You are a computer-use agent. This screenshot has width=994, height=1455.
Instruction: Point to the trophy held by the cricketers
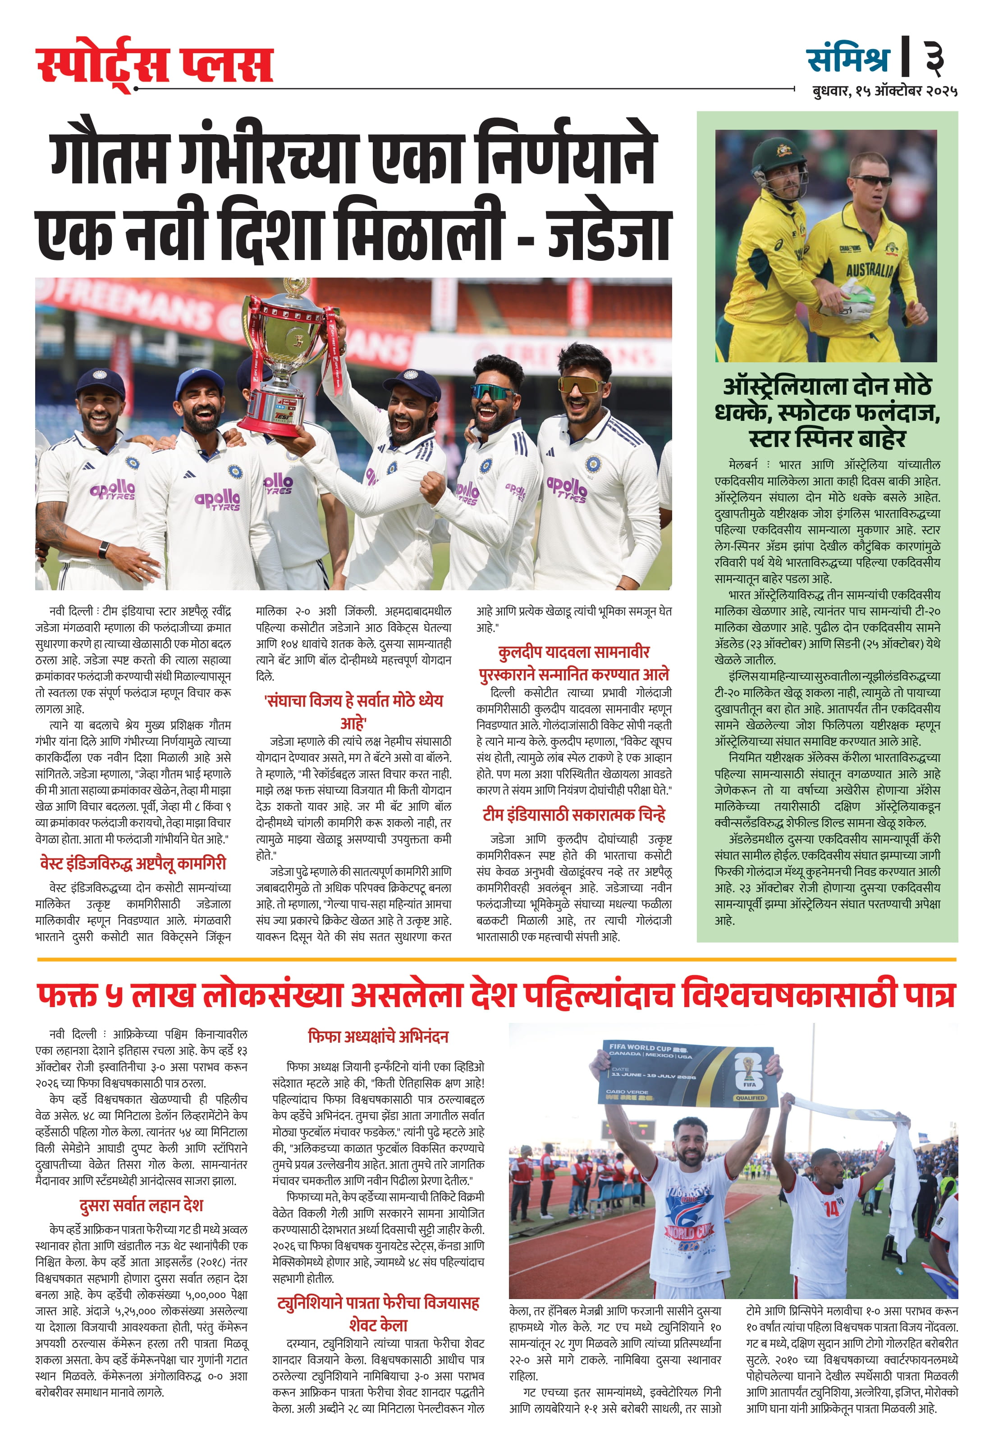click(289, 357)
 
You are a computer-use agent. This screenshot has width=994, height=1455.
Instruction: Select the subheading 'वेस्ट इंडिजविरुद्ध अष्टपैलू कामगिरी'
click(133, 864)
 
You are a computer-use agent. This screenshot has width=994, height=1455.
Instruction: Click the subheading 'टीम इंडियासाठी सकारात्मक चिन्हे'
click(574, 815)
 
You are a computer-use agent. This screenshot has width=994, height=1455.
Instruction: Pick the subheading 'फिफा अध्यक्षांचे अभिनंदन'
click(378, 1037)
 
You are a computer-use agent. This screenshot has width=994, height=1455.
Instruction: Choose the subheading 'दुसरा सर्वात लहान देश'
click(141, 1205)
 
